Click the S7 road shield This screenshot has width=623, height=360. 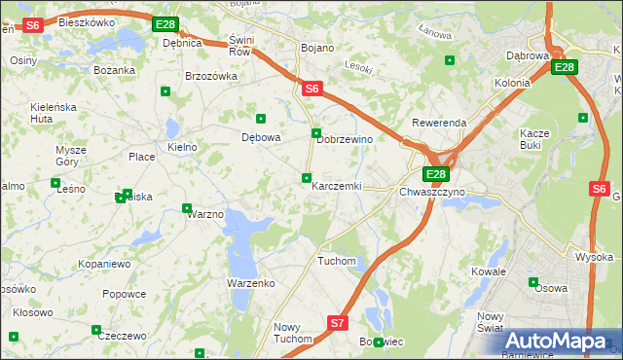pos(337,322)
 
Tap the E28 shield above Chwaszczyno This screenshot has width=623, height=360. pos(436,174)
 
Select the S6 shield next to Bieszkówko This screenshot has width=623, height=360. pos(32,25)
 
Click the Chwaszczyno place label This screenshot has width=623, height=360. pos(432,192)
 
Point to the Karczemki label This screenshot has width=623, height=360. pos(336,186)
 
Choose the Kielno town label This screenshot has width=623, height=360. pos(182,147)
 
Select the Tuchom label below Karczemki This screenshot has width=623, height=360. pos(337,261)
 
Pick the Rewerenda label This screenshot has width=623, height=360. pos(439,124)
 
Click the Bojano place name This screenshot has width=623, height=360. pos(317,48)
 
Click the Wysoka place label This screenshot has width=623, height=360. pos(593,257)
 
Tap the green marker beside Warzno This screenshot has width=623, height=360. pos(187,207)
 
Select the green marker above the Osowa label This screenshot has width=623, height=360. pos(532,282)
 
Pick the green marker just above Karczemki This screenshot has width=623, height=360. pos(307,177)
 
